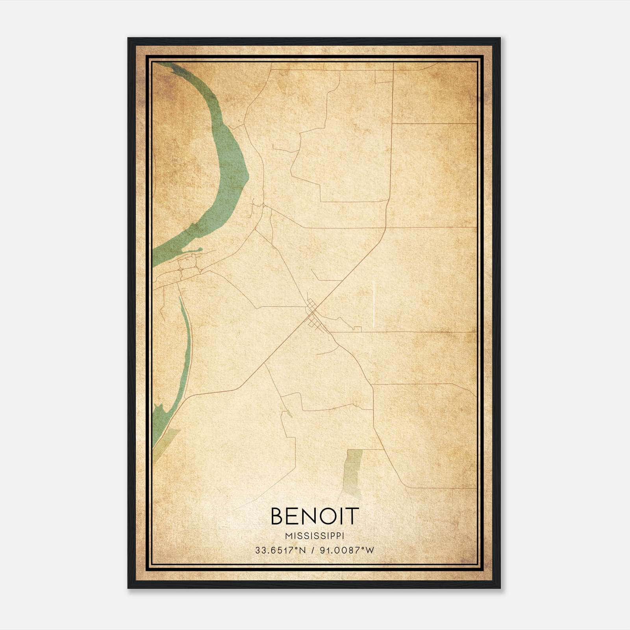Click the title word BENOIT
point(315,516)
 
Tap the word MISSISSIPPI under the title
point(315,536)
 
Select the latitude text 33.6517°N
point(280,550)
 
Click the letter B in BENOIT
point(277,516)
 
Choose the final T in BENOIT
point(353,516)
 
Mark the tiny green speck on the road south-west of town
point(289,413)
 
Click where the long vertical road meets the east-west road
point(385,228)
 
